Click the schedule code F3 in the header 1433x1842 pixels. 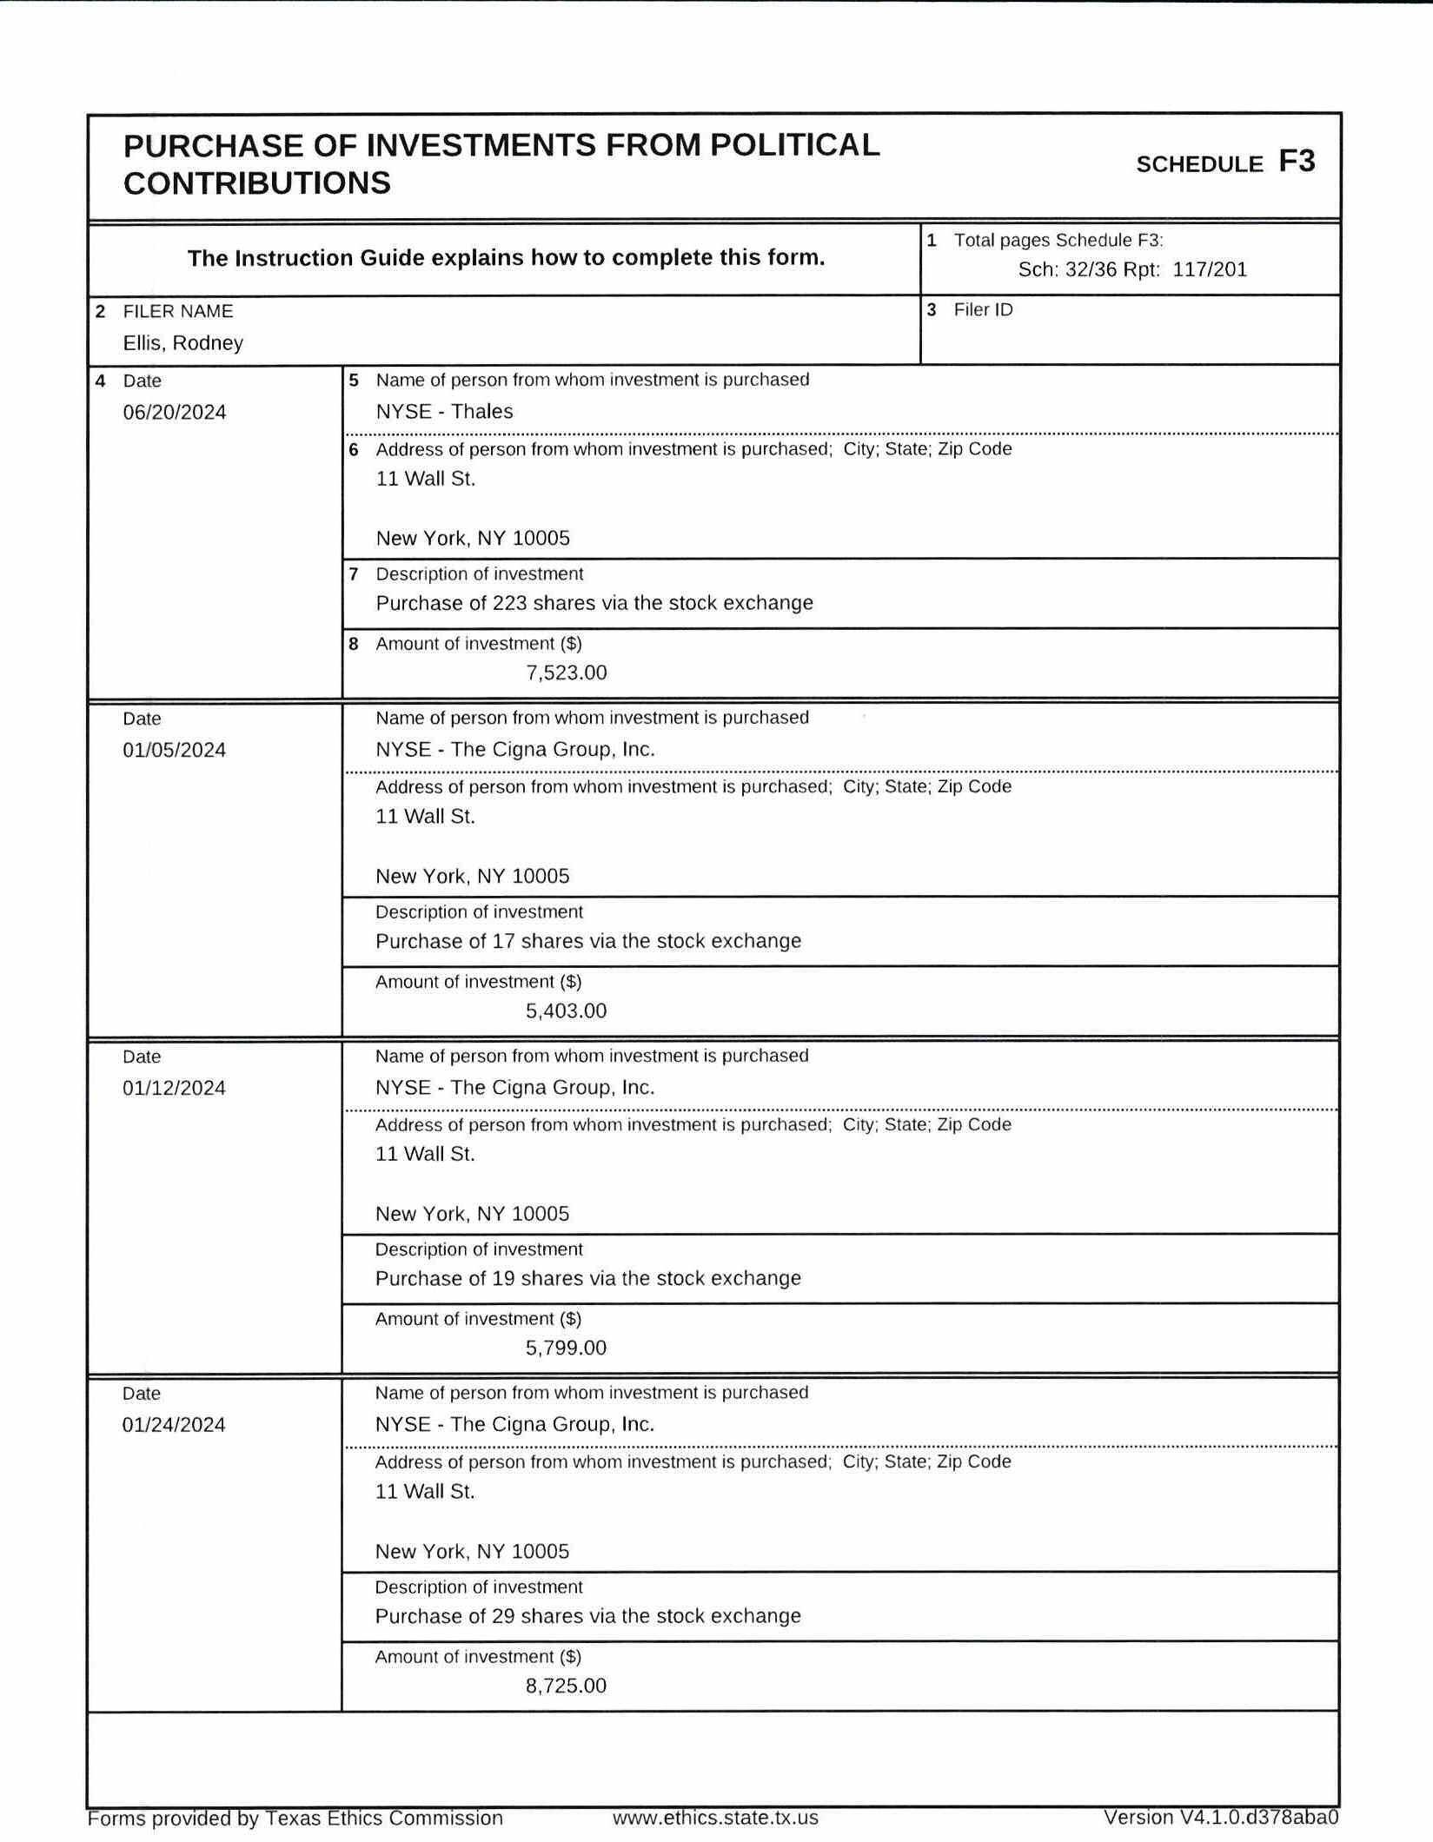(x=1296, y=162)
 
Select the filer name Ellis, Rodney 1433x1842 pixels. (x=182, y=343)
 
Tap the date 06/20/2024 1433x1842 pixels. (x=174, y=412)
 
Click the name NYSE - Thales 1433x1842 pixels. (x=444, y=412)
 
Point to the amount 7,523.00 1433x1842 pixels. (x=566, y=673)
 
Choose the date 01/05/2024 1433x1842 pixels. (x=174, y=750)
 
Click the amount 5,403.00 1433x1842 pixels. (x=566, y=1010)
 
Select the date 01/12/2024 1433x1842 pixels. (x=174, y=1088)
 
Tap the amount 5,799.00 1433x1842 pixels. (x=566, y=1348)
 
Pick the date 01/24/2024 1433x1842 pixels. (x=174, y=1425)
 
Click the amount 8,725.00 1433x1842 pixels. (x=566, y=1686)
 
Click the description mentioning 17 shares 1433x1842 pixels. (x=588, y=941)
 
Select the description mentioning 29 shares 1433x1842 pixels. (x=588, y=1616)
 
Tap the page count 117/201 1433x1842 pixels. (x=1210, y=269)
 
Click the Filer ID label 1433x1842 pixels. (x=983, y=310)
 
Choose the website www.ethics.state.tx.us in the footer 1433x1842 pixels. (x=715, y=1818)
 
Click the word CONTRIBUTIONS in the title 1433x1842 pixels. (x=257, y=183)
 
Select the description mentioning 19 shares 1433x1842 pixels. (x=588, y=1278)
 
